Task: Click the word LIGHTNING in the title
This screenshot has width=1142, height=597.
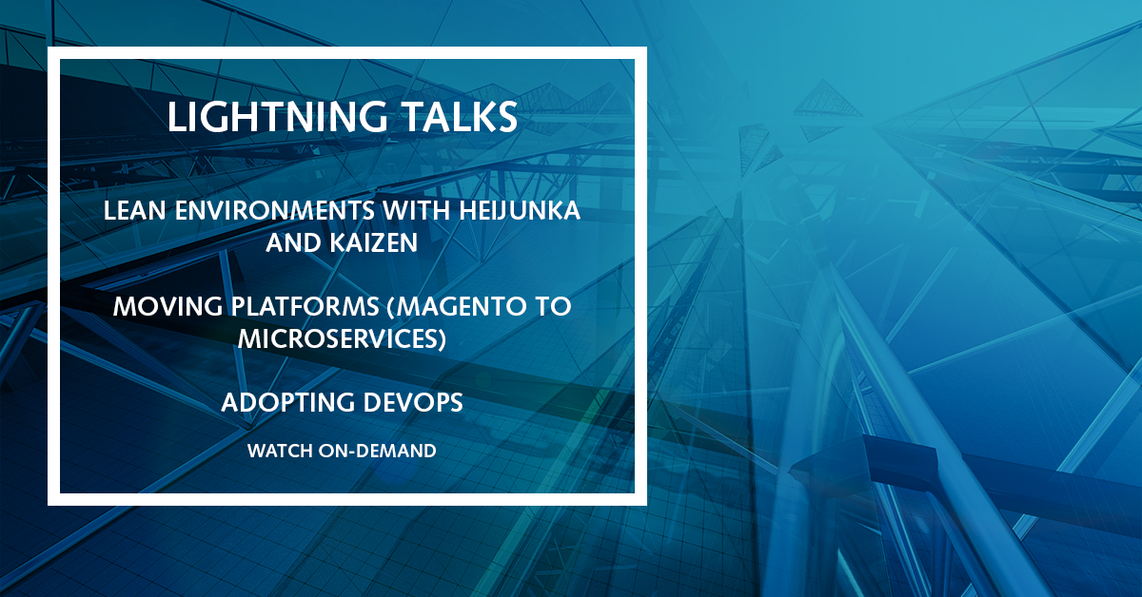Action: (277, 117)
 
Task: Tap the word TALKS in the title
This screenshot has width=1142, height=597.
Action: (460, 117)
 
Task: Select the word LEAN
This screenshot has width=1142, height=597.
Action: (134, 210)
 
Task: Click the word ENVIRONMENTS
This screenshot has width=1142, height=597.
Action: (275, 210)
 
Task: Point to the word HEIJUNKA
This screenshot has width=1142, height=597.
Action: (520, 210)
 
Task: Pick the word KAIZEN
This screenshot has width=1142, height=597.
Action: (374, 242)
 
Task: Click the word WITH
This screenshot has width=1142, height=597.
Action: (416, 210)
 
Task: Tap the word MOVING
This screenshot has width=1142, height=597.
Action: (167, 306)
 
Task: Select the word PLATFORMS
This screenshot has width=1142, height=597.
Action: (305, 306)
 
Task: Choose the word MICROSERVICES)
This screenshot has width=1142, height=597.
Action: (342, 339)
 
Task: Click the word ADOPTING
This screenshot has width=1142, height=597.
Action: (287, 402)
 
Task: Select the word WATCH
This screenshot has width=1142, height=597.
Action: (280, 451)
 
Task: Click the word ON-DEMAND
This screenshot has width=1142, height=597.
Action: (377, 451)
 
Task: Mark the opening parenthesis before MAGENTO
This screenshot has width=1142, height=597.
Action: (391, 307)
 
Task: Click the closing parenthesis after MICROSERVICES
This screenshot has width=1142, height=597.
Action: (442, 339)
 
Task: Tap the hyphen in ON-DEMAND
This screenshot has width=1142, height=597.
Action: (352, 453)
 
